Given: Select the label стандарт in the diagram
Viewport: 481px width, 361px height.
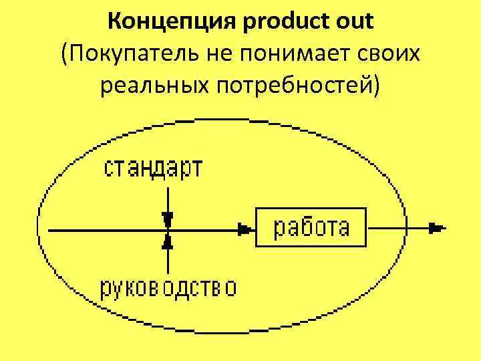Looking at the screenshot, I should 153,168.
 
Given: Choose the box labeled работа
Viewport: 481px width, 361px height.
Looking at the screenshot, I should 311,228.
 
